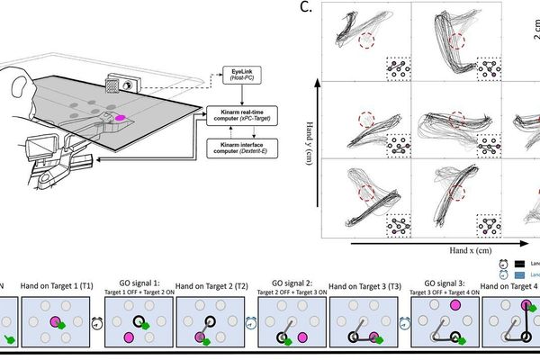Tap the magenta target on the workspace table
[x=119, y=117]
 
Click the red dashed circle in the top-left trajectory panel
[x=366, y=41]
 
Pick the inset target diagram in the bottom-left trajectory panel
[x=398, y=221]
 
